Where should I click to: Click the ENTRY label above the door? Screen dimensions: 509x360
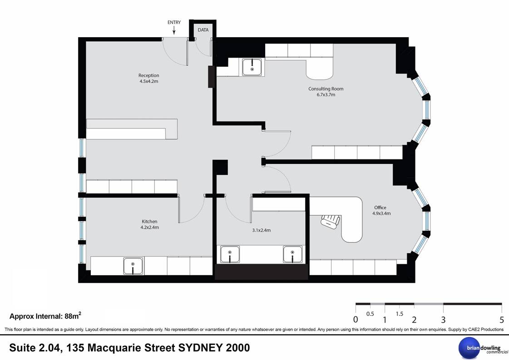pos(174,22)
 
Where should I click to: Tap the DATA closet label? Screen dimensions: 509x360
pos(203,30)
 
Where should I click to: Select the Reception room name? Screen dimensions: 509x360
pos(148,75)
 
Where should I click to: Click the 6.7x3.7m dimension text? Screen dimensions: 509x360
pos(326,95)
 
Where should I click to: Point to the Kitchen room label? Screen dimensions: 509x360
pos(149,222)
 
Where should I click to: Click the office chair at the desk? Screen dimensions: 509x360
pos(331,222)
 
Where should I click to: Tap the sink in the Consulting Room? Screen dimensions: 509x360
pos(252,67)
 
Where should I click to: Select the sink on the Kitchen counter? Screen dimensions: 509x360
pos(133,266)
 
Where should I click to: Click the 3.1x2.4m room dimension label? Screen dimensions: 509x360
pos(262,230)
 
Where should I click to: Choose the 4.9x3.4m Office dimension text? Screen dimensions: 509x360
pos(381,213)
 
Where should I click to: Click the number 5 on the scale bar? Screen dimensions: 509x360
pos(502,320)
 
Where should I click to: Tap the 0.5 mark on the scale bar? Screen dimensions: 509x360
pos(370,314)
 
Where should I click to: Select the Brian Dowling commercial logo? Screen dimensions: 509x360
pos(483,348)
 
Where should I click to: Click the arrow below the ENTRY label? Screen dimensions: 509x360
pos(174,30)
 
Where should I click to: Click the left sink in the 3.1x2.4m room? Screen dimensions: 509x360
pos(230,254)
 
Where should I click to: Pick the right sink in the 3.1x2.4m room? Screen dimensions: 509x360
pos(292,254)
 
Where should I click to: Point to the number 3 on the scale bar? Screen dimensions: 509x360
pos(443,320)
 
